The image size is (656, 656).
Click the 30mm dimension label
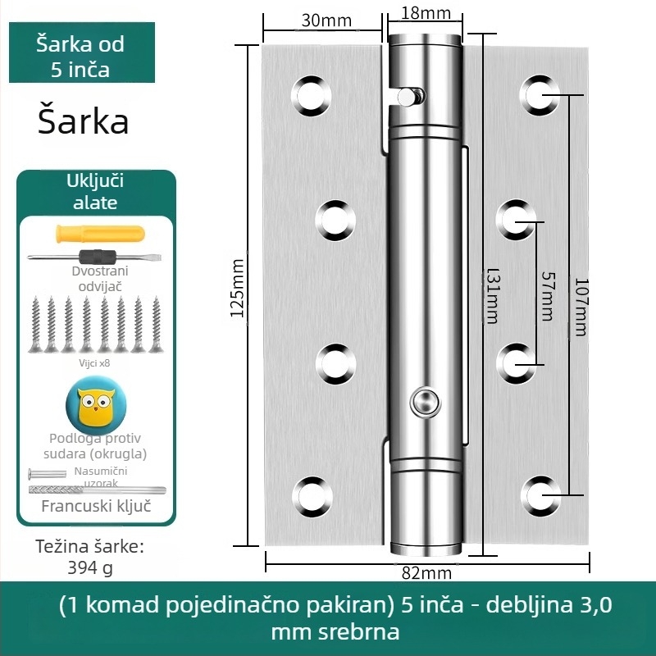tap(326, 20)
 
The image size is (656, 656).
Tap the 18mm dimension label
tap(426, 13)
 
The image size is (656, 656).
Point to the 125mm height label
tap(237, 288)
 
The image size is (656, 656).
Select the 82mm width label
tap(426, 572)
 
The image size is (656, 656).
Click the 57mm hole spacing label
tap(548, 296)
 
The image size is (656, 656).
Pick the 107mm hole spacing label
tap(581, 307)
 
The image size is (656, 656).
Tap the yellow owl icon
tap(96, 404)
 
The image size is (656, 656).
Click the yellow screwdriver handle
tap(100, 234)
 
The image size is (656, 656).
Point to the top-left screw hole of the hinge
tap(312, 95)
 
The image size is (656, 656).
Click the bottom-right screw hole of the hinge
tap(540, 496)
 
